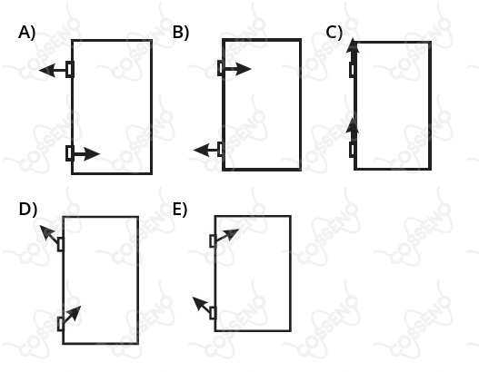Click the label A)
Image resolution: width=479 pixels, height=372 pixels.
pyautogui.click(x=27, y=33)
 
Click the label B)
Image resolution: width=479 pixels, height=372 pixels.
pyautogui.click(x=181, y=33)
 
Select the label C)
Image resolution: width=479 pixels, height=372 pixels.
pyautogui.click(x=334, y=33)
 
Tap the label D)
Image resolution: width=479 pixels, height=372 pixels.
pyautogui.click(x=28, y=210)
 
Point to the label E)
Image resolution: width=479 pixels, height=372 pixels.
pyautogui.click(x=180, y=210)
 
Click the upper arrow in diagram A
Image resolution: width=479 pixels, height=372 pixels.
pyautogui.click(x=53, y=71)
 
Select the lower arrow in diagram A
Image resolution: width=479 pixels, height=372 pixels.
pyautogui.click(x=86, y=154)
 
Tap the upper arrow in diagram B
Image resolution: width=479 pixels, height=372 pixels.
pyautogui.click(x=237, y=69)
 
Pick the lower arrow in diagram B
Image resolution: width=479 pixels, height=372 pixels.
pyautogui.click(x=206, y=150)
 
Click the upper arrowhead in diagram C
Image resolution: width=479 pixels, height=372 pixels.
pyautogui.click(x=353, y=45)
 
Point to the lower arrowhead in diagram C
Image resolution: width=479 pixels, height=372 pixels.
pyautogui.click(x=353, y=125)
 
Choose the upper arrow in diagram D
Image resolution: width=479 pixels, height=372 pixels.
pyautogui.click(x=49, y=234)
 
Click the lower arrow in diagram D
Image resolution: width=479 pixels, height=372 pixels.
pyautogui.click(x=72, y=314)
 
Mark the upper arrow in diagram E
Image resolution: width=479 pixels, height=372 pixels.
pyautogui.click(x=227, y=235)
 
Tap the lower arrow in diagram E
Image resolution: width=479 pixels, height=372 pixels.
pyautogui.click(x=202, y=305)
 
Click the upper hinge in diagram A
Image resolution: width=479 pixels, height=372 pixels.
pyautogui.click(x=70, y=69)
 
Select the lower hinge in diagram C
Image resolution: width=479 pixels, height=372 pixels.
pyautogui.click(x=353, y=150)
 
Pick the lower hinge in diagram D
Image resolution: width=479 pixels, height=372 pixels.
pyautogui.click(x=61, y=324)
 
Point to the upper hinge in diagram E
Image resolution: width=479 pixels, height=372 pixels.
pyautogui.click(x=213, y=240)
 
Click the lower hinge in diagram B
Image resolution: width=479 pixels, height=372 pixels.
pyautogui.click(x=221, y=149)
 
